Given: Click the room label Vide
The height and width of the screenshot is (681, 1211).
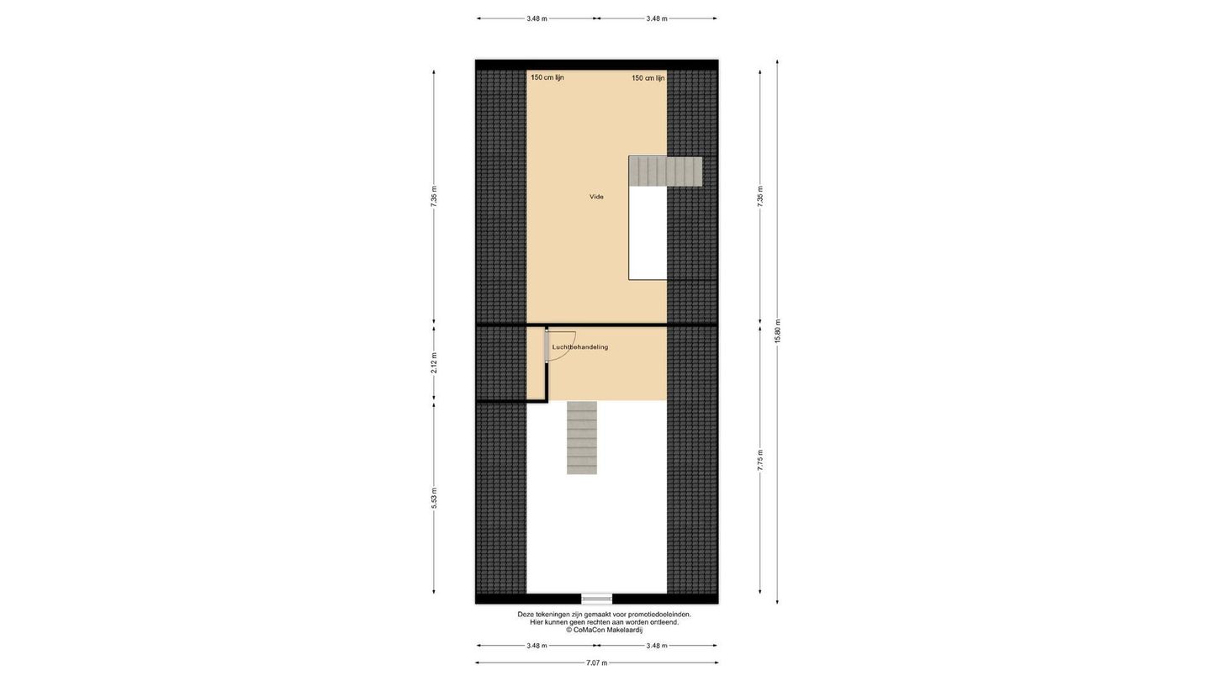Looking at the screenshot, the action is [x=596, y=197].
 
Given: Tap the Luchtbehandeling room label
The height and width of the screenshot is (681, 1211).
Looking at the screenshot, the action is [x=580, y=347].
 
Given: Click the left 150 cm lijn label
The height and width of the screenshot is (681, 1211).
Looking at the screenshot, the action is [x=547, y=77].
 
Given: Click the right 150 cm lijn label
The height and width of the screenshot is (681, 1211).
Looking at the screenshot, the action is [x=648, y=78].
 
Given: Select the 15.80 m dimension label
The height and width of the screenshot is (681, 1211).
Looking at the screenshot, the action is [x=777, y=330].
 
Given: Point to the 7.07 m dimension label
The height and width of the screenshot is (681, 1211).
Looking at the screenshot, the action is [x=597, y=663].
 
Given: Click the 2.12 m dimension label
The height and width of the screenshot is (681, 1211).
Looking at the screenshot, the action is [x=434, y=362].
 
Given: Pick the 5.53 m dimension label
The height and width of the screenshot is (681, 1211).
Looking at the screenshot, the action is [x=434, y=499].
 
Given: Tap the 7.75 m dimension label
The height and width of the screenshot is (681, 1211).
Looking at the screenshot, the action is [x=760, y=461].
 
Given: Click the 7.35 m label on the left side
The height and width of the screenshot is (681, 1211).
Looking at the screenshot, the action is [x=434, y=197].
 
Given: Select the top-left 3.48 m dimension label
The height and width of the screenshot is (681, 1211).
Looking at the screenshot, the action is [x=537, y=18].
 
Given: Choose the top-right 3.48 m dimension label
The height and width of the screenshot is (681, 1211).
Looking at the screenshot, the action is [x=657, y=18].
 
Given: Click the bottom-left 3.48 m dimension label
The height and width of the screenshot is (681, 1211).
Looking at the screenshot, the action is [x=537, y=646].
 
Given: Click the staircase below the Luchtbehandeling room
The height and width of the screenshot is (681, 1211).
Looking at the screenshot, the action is [x=582, y=438].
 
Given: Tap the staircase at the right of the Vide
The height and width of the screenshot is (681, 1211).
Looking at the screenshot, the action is [x=665, y=172].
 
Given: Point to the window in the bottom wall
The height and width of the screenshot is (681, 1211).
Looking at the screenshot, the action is [x=597, y=599].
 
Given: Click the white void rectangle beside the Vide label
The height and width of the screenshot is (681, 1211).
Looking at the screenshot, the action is [x=648, y=233].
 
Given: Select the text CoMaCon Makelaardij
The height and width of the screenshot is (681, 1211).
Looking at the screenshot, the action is [x=608, y=630].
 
